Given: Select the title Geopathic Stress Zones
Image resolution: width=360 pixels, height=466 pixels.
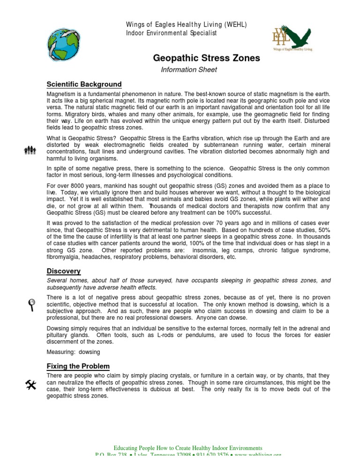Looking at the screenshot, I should tap(206, 59).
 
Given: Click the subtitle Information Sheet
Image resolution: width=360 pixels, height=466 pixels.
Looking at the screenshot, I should tap(189, 70).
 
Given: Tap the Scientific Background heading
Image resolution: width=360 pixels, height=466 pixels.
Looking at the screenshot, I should tap(84, 84).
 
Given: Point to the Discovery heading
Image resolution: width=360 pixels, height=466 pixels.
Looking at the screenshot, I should tap(63, 271).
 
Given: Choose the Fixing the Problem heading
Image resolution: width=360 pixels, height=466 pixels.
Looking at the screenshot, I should tap(78, 366).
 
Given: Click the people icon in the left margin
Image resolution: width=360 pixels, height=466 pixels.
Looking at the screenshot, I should tap(30, 150).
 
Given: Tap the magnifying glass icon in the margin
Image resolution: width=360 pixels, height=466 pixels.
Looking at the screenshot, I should tap(31, 305).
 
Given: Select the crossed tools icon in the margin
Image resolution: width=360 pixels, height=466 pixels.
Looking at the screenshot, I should tap(30, 385).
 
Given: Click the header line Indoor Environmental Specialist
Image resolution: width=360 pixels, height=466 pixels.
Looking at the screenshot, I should tap(171, 32).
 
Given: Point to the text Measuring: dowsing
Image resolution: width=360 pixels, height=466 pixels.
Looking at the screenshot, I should tap(73, 352).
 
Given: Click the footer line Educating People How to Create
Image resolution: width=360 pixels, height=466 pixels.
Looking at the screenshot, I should tap(188, 448).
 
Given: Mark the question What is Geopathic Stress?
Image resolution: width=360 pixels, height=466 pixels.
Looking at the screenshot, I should tap(81, 138).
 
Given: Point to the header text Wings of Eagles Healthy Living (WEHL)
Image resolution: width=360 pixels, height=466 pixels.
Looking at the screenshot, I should tap(187, 24).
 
